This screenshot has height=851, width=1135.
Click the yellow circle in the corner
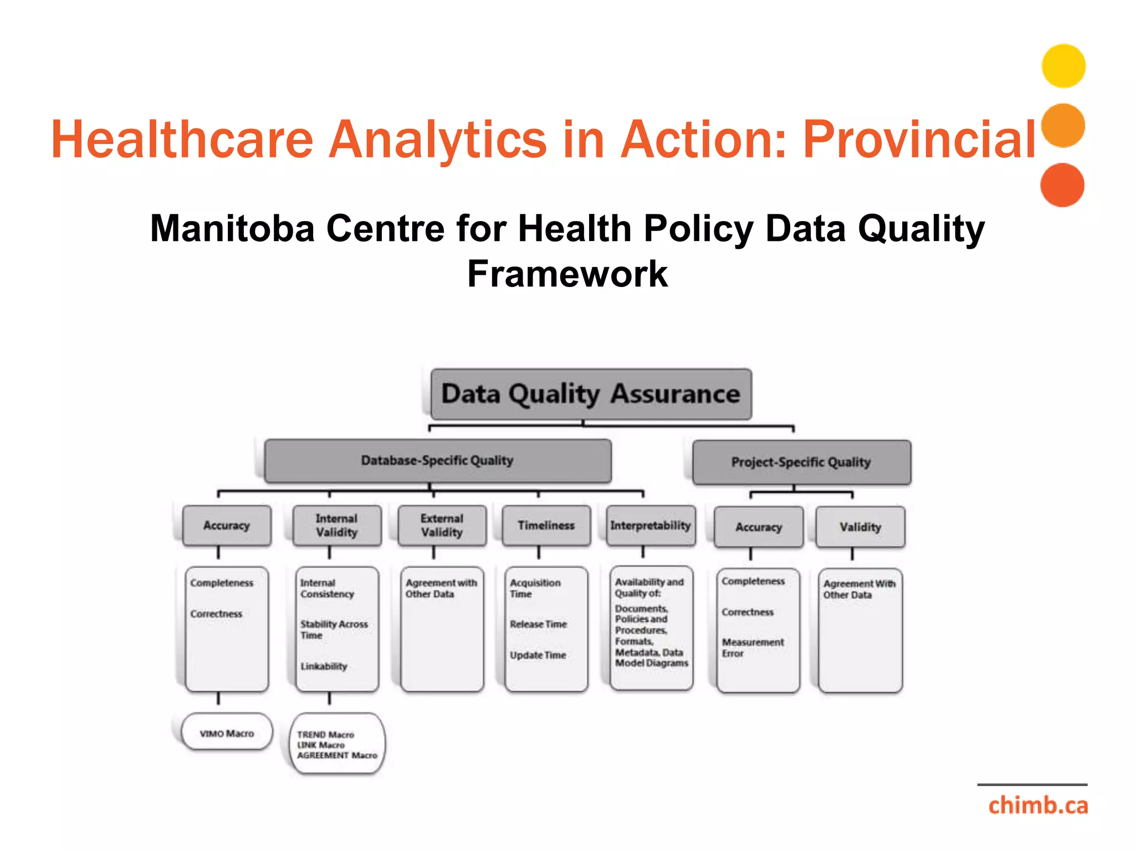[1063, 66]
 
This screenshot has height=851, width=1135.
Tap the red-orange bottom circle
[1062, 185]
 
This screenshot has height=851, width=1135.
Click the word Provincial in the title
[919, 139]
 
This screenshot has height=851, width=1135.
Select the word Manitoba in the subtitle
[232, 228]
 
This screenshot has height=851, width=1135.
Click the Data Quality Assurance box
[591, 394]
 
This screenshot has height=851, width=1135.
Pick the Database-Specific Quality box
[437, 460]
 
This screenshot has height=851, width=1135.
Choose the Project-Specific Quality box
[801, 462]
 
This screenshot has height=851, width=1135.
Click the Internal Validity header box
[336, 525]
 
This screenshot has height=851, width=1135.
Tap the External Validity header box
[442, 525]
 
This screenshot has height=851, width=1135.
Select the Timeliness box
[546, 525]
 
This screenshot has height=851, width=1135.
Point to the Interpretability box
[650, 525]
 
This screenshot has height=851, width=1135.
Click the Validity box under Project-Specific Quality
[860, 527]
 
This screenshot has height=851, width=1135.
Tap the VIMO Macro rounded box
[227, 733]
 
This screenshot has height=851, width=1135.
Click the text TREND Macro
[325, 735]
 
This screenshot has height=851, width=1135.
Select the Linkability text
[324, 666]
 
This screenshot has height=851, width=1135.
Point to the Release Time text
[538, 624]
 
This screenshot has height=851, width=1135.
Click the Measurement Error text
[752, 647]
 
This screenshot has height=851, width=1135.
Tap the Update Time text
[538, 655]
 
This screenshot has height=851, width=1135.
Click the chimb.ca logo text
[1037, 805]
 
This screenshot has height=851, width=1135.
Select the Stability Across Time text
[334, 629]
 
